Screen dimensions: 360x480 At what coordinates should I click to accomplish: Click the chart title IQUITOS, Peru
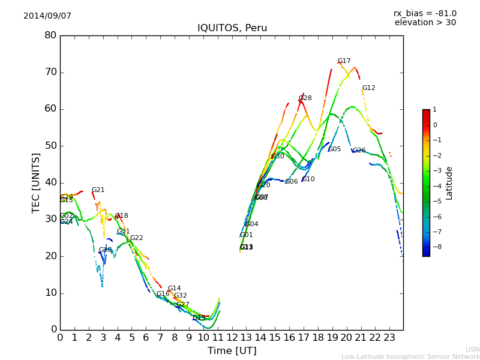(232, 28)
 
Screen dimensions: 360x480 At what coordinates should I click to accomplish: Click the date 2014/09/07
(47, 16)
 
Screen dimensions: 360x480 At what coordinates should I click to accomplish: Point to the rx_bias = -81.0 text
(425, 13)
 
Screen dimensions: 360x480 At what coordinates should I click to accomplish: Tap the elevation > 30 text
(425, 23)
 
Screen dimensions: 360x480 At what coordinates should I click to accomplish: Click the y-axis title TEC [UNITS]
(36, 182)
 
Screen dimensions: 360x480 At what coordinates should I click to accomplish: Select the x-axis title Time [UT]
(232, 351)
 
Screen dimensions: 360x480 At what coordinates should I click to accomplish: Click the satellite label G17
(344, 61)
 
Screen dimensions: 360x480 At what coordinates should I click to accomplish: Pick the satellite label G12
(368, 88)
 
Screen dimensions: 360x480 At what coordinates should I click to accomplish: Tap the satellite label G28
(305, 98)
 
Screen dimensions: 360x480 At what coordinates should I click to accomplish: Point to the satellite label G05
(334, 149)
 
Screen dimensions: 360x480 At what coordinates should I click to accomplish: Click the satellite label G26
(359, 151)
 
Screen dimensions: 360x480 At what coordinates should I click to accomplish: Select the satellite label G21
(98, 190)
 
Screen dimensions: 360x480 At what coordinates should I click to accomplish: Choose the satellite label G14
(174, 289)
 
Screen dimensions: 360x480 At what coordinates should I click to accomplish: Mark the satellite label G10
(308, 179)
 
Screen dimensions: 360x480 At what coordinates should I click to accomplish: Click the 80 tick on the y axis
(50, 35)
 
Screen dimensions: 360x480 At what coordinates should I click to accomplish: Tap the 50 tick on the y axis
(50, 146)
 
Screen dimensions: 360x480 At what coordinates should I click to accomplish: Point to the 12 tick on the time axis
(232, 337)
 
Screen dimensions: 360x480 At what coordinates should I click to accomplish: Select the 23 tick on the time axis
(389, 337)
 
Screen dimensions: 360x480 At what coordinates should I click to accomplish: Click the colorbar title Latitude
(449, 183)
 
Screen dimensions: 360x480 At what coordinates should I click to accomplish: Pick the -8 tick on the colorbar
(435, 246)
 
